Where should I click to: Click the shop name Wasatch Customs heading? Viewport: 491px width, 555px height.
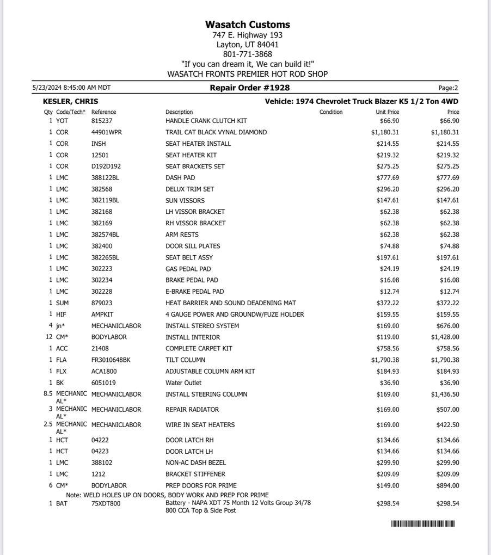coord(248,24)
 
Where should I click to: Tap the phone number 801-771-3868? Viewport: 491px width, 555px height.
coord(248,54)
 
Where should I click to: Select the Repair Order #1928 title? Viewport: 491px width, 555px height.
coord(250,88)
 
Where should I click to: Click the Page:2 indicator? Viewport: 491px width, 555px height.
coord(448,88)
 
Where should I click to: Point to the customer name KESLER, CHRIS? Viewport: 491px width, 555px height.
coord(71,102)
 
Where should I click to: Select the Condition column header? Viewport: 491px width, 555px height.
coord(331,112)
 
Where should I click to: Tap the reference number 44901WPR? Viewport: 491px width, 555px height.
coord(107,132)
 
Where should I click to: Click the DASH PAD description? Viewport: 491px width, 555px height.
coord(180,178)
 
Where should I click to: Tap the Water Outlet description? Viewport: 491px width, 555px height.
coord(183,383)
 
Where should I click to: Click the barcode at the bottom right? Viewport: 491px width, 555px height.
coord(422,524)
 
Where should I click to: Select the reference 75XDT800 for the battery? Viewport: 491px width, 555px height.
coord(106,504)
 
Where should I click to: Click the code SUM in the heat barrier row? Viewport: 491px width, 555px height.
coord(62,303)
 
